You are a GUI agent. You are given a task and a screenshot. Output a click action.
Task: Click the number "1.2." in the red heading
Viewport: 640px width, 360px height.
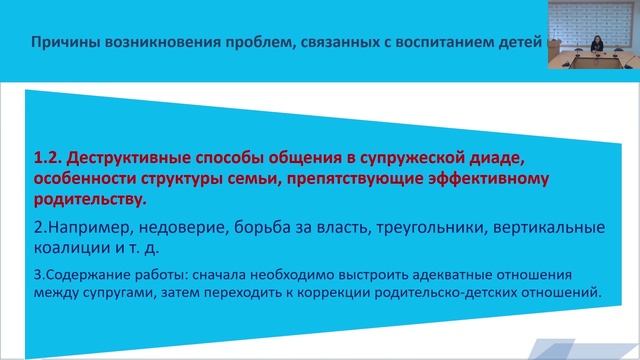(x=48, y=159)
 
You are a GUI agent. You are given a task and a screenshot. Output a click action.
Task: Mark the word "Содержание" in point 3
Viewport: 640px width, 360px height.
(x=76, y=275)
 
